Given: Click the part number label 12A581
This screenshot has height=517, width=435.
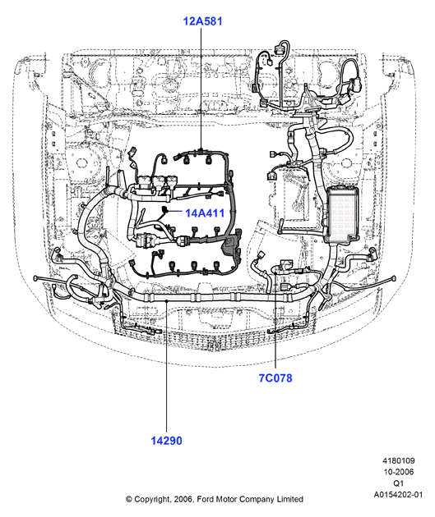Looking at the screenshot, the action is click(x=202, y=21).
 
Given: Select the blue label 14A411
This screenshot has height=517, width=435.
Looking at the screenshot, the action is click(x=205, y=213).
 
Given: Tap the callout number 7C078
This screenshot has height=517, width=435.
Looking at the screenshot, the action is click(x=275, y=377).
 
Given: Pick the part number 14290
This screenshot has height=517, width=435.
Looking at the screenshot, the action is click(x=166, y=441).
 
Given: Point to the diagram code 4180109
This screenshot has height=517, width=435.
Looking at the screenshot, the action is click(x=399, y=460).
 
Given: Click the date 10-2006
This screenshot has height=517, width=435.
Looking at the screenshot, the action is click(x=399, y=472).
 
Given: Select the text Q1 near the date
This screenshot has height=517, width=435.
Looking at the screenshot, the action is click(x=399, y=483).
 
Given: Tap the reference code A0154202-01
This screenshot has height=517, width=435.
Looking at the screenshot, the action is click(x=398, y=495).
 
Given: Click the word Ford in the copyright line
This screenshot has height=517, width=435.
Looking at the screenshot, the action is click(x=205, y=499).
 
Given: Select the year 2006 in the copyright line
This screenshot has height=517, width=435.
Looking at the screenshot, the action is click(x=183, y=499).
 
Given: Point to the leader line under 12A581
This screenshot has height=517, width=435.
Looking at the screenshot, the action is click(x=201, y=89).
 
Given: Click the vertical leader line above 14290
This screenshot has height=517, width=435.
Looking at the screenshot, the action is click(x=166, y=367).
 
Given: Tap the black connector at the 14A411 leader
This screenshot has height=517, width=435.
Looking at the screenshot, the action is click(x=164, y=208).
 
